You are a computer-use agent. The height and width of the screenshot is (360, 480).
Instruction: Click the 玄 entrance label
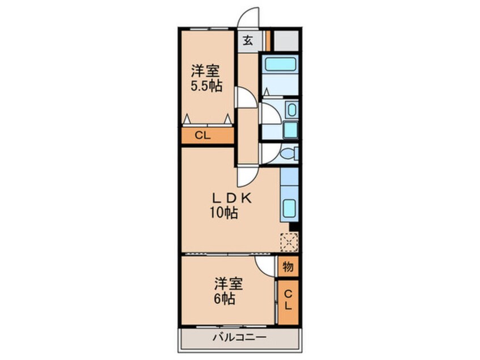[249, 41]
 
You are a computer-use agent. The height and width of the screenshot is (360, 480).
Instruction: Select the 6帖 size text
[225, 299]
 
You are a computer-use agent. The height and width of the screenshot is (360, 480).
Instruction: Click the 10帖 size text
[222, 214]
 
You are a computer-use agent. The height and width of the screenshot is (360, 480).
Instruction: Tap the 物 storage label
[288, 266]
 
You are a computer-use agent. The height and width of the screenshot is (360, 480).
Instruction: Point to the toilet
[289, 153]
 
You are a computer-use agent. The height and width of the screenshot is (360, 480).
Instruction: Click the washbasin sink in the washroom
[290, 109]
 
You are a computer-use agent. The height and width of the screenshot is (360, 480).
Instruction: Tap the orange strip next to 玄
[268, 40]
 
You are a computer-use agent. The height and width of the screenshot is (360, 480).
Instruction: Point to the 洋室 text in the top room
[205, 72]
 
